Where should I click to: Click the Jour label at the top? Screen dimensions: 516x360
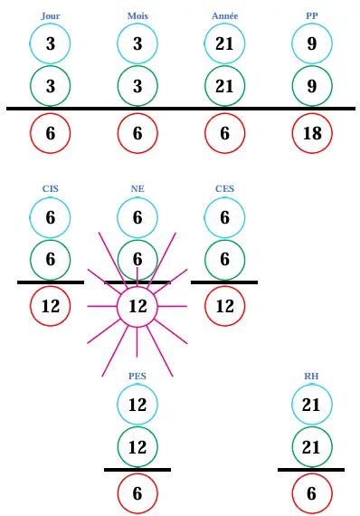[51, 16]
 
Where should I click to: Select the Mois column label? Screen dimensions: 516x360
[137, 16]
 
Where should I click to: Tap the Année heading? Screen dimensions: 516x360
[224, 16]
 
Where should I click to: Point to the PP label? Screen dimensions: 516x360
[311, 16]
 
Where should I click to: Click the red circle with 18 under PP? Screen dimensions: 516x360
[311, 133]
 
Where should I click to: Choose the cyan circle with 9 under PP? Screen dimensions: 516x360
[311, 43]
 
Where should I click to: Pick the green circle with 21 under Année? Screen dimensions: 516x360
[224, 86]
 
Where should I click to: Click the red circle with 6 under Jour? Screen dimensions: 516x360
[51, 133]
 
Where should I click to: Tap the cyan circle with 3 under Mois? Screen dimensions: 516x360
[137, 43]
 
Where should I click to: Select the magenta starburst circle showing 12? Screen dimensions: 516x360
[137, 307]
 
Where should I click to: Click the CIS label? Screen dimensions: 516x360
[51, 189]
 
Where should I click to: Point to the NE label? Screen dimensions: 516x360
[137, 189]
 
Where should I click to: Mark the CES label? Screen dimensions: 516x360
[224, 189]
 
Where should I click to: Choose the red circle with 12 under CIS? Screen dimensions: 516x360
[51, 307]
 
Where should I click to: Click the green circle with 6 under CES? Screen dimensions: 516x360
[224, 260]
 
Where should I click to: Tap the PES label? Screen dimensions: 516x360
[137, 376]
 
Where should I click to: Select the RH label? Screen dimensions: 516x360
[311, 376]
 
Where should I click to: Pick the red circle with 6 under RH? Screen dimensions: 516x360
[311, 494]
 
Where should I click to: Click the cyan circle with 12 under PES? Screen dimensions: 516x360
[137, 405]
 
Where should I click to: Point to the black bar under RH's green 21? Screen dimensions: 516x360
[311, 470]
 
